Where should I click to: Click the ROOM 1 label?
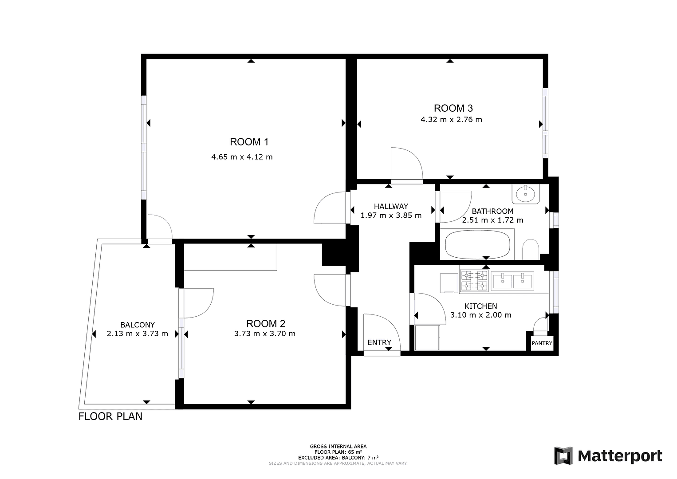pos(249,142)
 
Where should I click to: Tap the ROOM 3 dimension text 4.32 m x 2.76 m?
pos(451,119)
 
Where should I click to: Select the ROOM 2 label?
pos(265,324)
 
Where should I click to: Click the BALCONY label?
pos(138,325)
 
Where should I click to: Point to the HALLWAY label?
pos(390,206)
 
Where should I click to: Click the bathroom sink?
pos(526,193)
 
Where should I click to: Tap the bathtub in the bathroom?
pos(477,244)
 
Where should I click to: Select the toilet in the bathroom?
pos(530,250)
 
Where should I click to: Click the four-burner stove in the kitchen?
pos(474,281)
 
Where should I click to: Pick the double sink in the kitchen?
pos(513,280)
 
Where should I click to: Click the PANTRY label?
pos(542,343)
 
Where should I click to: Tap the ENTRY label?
pos(379,342)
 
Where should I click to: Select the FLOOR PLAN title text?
pos(110,416)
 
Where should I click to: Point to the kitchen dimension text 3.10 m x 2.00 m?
pos(480,315)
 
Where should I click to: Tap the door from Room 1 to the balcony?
pos(160,228)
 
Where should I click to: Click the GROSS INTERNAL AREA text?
pos(338,446)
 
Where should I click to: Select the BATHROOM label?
pos(492,211)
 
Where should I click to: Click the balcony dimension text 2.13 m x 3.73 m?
pos(138,334)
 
